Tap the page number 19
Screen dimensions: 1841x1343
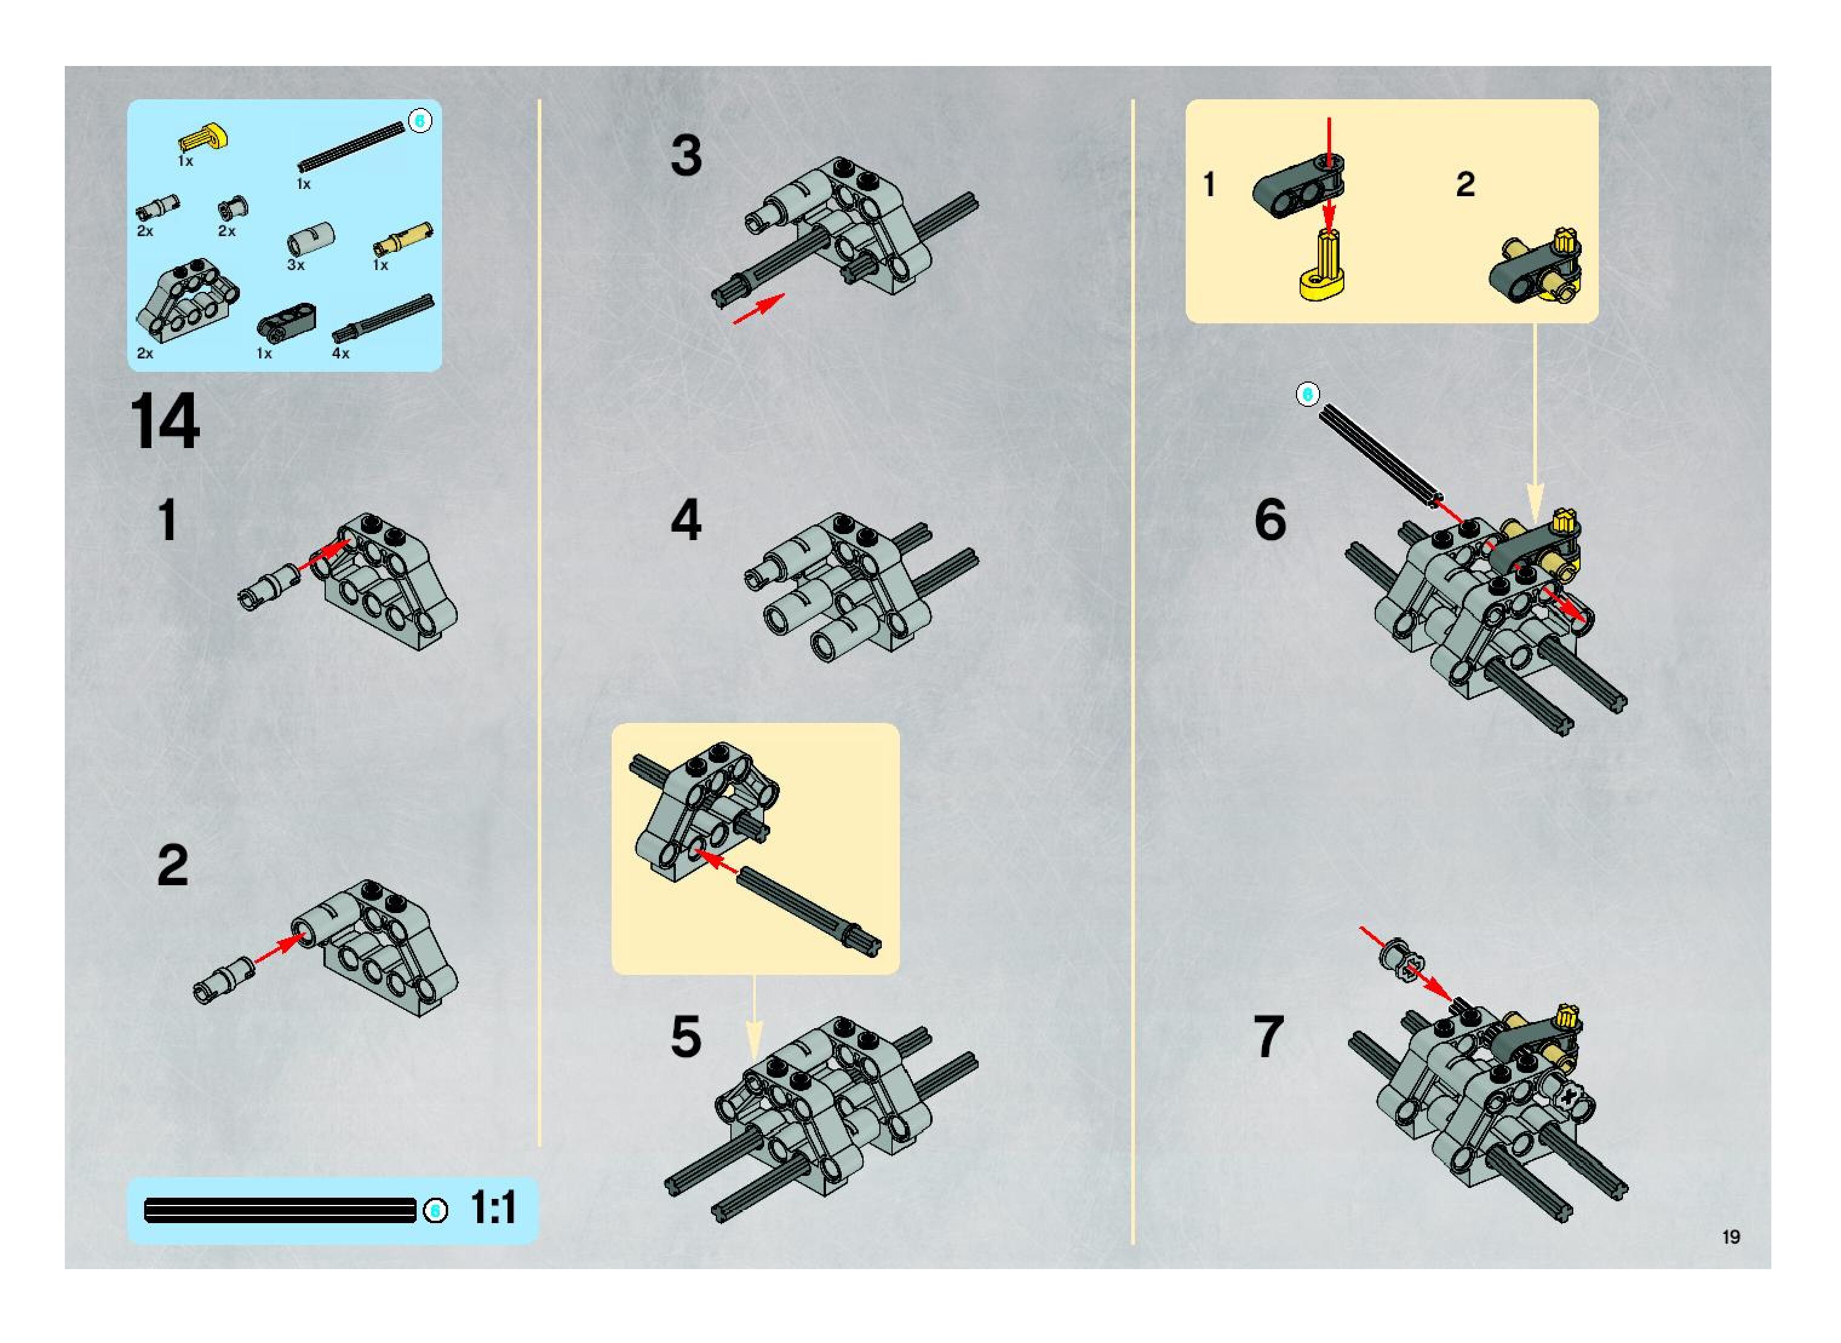point(1730,1236)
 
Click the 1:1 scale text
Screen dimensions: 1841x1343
point(494,1208)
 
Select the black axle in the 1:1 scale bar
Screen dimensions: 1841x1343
point(280,1210)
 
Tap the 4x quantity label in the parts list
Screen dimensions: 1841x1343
point(341,354)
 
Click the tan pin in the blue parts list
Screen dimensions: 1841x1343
point(403,237)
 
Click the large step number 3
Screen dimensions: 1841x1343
point(686,156)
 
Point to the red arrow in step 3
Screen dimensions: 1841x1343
point(759,308)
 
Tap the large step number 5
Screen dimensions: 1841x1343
point(686,1037)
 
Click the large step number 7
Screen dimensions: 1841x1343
point(1269,1037)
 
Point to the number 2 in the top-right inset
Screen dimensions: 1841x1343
point(1466,183)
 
